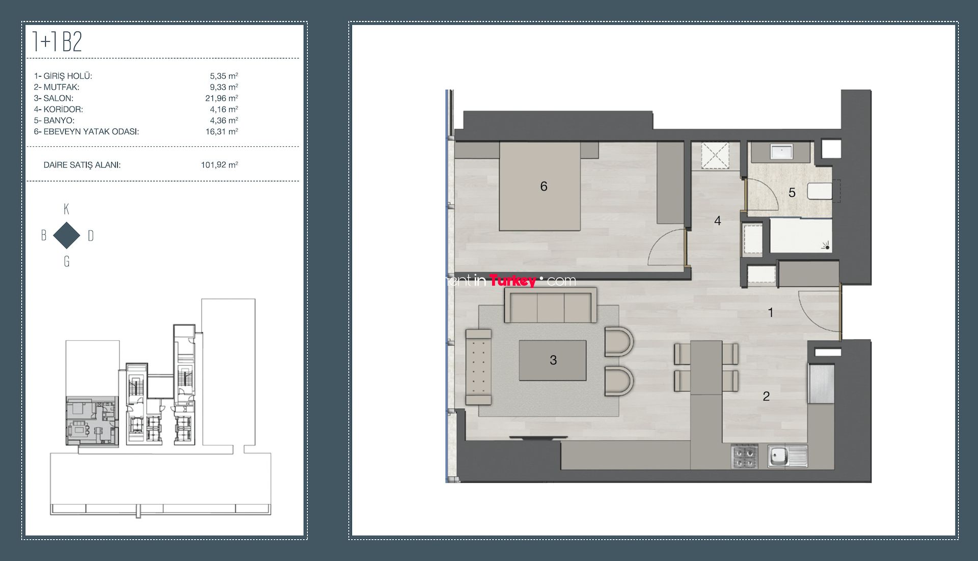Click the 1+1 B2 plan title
pos(57,41)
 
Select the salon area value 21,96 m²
pos(222,98)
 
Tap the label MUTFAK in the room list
pos(61,87)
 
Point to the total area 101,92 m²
pos(220,165)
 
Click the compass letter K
pos(66,209)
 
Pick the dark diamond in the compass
pos(67,235)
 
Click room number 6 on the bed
pos(544,186)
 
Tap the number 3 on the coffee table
pos(553,360)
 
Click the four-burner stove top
pos(744,457)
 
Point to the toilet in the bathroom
pos(821,191)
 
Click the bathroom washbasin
pos(780,151)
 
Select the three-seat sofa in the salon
pos(550,305)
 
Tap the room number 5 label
pos(792,193)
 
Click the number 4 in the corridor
pos(717,221)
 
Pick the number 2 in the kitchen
pos(766,396)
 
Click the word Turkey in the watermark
pos(512,281)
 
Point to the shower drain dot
pos(827,248)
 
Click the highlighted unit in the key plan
pos(92,421)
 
